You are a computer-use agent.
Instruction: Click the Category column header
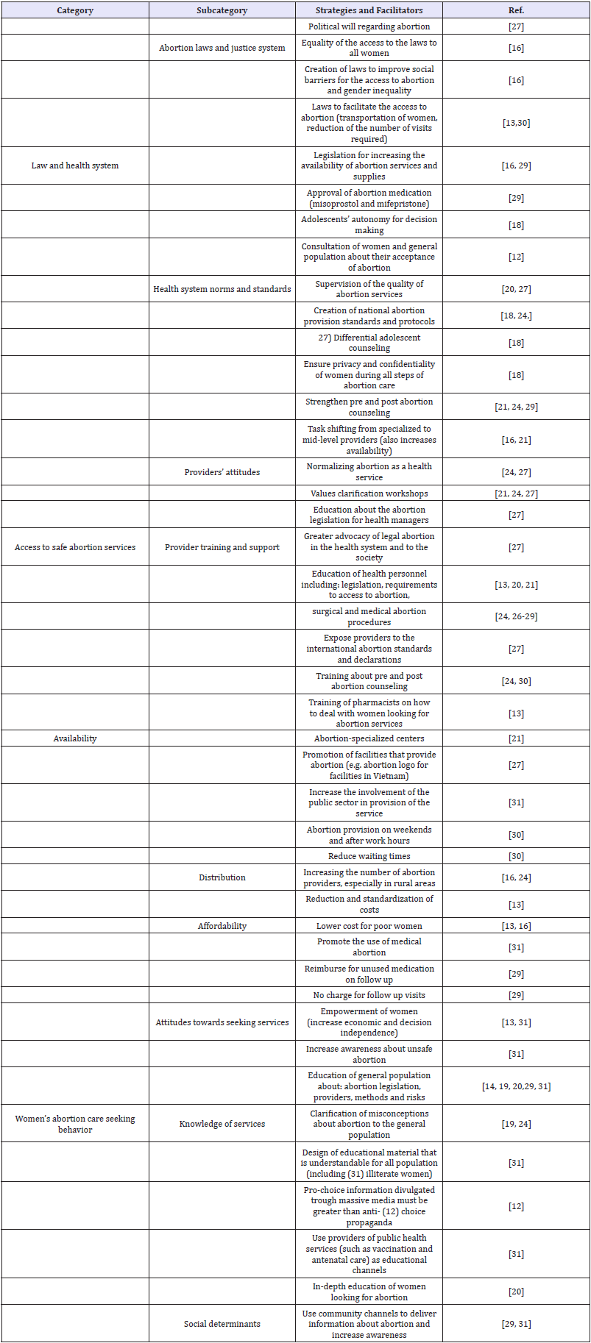[75, 10]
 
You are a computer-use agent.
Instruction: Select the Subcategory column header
[222, 10]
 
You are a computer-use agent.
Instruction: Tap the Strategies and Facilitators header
[369, 10]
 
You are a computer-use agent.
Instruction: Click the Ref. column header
[516, 10]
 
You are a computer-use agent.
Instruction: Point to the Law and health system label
[75, 165]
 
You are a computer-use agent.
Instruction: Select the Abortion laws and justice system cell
[222, 48]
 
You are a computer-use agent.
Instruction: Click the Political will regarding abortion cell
[369, 26]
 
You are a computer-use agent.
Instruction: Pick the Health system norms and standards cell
[222, 289]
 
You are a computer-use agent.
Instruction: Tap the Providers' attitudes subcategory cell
[222, 472]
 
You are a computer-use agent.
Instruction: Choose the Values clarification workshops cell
[369, 494]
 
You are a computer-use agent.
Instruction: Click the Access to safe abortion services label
[75, 547]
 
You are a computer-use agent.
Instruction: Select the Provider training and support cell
[222, 547]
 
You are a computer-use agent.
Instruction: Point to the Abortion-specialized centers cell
[369, 738]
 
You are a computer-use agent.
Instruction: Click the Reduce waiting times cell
[369, 856]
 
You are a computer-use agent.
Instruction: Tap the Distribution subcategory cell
[222, 877]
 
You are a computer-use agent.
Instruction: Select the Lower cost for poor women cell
[369, 926]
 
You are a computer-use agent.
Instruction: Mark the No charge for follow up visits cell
[369, 995]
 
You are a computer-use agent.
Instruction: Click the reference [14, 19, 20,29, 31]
[516, 1086]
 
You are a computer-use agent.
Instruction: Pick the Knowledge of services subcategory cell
[222, 1124]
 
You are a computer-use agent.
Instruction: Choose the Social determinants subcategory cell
[222, 1324]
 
